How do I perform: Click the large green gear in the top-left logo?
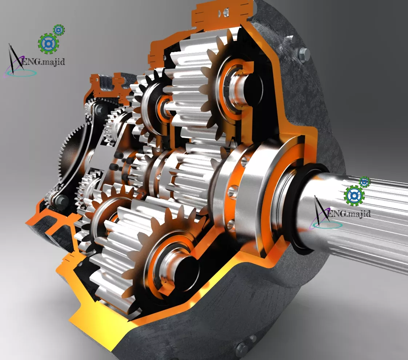tap(48, 43)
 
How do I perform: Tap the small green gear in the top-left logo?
tap(59, 30)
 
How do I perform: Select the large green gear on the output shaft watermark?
tap(354, 196)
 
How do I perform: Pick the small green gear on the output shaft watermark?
tap(365, 182)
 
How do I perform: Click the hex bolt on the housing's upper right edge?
tap(304, 55)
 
